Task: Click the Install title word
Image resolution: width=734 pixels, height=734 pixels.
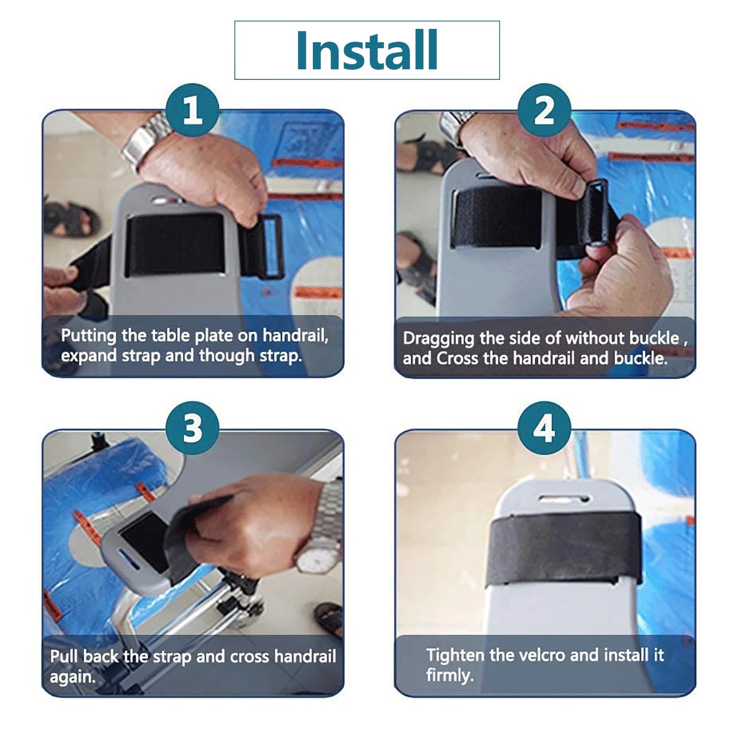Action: click(x=367, y=50)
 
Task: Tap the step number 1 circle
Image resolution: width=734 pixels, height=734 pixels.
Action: click(x=193, y=110)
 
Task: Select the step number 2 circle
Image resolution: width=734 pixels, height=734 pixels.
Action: click(x=545, y=110)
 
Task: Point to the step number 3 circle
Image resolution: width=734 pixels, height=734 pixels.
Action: click(x=193, y=428)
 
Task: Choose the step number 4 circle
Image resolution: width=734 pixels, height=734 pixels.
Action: click(x=545, y=428)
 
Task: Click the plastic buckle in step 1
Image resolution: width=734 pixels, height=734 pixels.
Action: click(x=271, y=247)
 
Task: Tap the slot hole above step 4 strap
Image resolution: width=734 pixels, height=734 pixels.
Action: click(x=564, y=498)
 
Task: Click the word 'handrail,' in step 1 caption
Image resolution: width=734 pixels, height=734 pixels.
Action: click(x=295, y=336)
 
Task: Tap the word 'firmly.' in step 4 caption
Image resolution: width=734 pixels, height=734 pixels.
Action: click(x=450, y=676)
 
